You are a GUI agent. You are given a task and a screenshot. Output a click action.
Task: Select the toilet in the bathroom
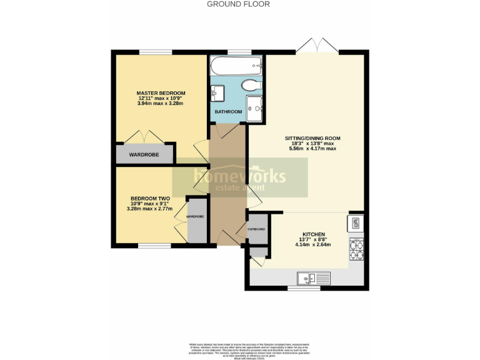pos(252,85)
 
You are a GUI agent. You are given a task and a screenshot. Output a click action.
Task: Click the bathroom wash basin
pos(217,92)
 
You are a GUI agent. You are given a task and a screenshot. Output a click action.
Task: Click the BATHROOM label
pos(228,112)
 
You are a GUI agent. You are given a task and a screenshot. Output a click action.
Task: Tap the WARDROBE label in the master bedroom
pos(144,154)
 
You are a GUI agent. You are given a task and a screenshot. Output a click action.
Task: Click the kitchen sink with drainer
pos(311,277)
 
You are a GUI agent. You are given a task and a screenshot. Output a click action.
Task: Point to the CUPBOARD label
pos(257,229)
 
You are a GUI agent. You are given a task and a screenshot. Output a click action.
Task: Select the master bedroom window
pos(156,52)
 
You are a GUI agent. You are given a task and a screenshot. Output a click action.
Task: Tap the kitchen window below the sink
pos(307,289)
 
